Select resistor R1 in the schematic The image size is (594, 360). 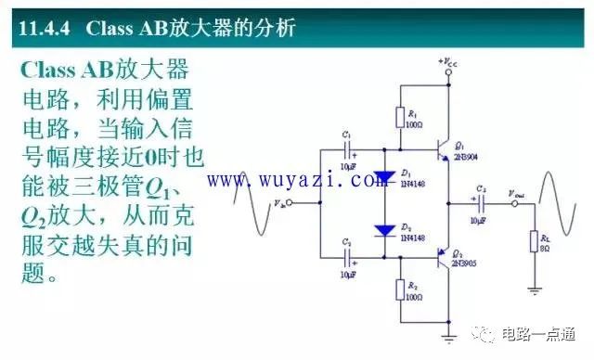401,119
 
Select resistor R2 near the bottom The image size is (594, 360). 401,290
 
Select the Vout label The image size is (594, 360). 516,193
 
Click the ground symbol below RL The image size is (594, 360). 535,289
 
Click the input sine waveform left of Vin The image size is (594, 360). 252,199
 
